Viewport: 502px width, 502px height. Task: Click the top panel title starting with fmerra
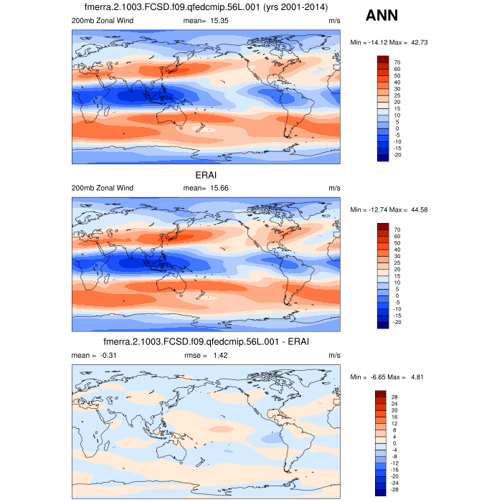coord(207,8)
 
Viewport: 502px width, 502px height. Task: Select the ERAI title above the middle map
coord(207,175)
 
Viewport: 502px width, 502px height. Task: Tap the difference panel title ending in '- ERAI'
coord(207,342)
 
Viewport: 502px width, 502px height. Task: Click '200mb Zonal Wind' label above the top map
coord(102,21)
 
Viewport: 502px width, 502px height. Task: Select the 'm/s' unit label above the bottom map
coord(334,355)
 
